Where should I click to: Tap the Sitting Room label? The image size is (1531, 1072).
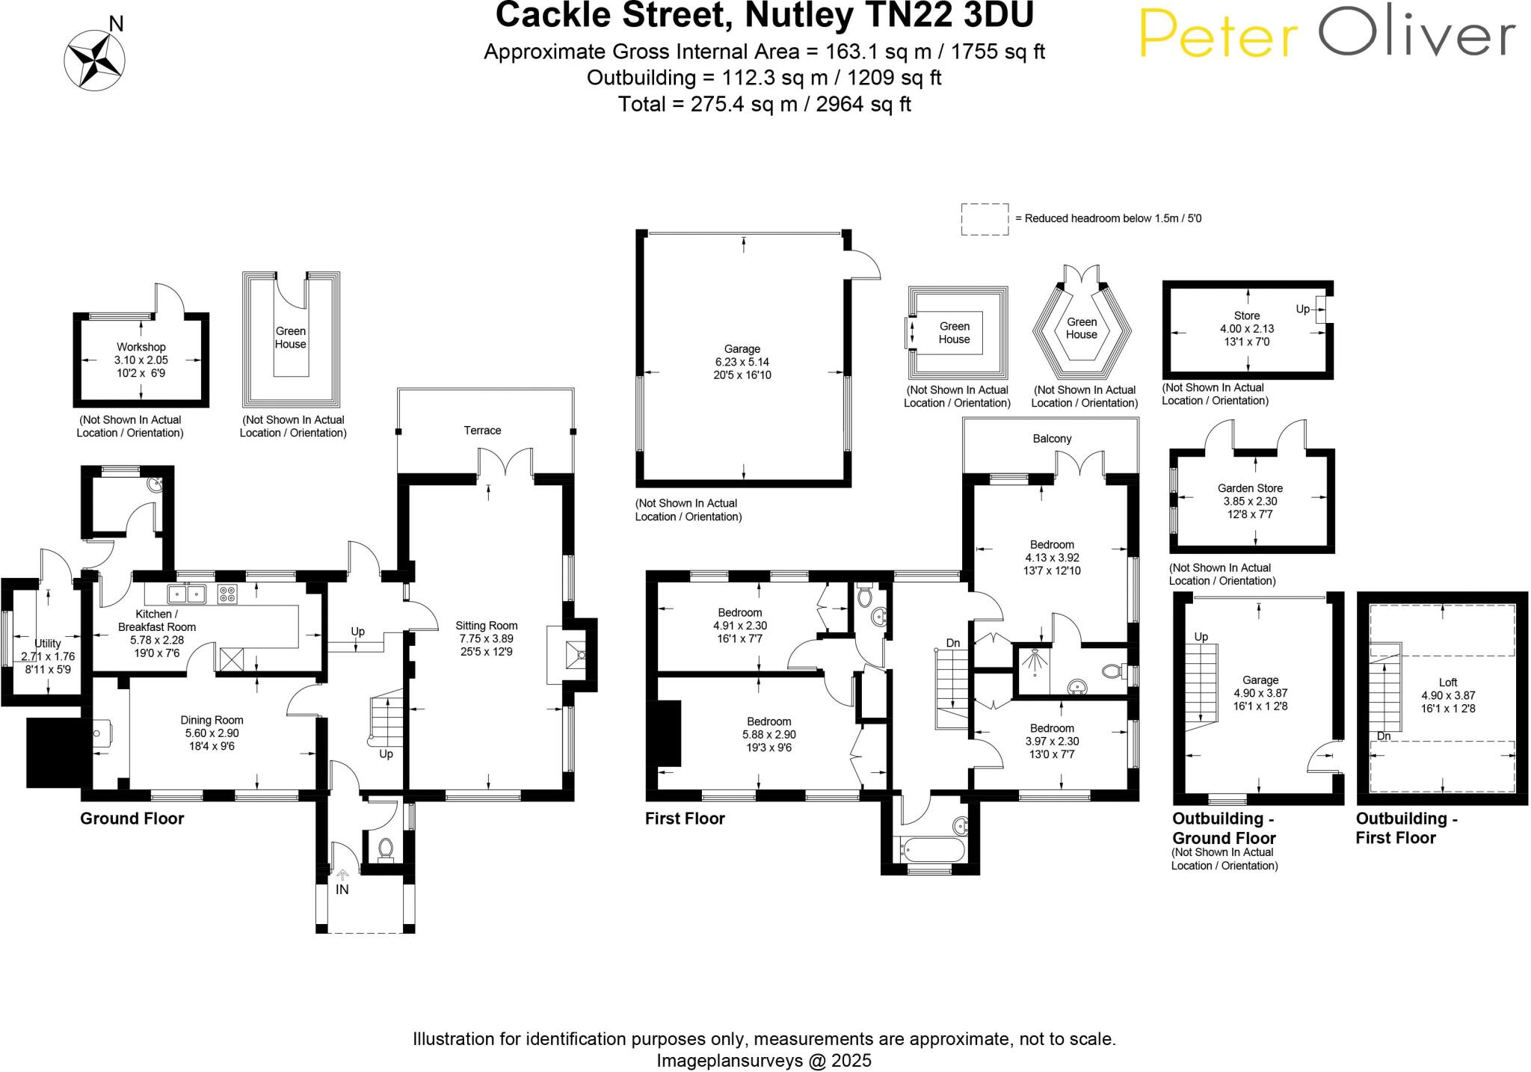coord(487,626)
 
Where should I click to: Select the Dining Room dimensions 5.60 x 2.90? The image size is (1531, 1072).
coord(212,733)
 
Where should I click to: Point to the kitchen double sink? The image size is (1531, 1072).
coord(187,594)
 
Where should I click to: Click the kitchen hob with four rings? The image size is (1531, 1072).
coord(227,594)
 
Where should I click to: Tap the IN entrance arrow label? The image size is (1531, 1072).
coord(342,890)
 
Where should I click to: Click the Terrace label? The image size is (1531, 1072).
coord(482,431)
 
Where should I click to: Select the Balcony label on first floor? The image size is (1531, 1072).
coord(1052,439)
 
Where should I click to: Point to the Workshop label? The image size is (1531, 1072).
coord(141,347)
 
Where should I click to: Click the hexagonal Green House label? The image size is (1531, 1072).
coord(1081,328)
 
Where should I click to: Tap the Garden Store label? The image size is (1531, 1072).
coord(1250,488)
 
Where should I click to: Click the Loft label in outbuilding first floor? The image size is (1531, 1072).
coord(1447,682)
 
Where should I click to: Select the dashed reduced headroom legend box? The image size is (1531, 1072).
coord(984,219)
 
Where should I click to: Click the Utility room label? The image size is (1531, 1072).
coord(48,643)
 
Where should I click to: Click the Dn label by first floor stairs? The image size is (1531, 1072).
coord(952,643)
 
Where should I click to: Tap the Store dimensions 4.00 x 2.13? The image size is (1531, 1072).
coord(1246,328)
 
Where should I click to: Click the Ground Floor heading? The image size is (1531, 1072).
coord(132,819)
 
